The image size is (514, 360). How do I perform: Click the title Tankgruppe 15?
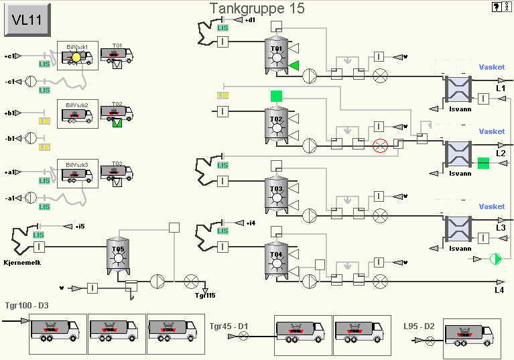pyautogui.click(x=257, y=9)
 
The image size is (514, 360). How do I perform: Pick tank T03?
pyautogui.click(x=276, y=195)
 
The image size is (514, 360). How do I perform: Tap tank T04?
pyautogui.click(x=276, y=260)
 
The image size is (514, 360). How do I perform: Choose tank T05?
pyautogui.click(x=118, y=255)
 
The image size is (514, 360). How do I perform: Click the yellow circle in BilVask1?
pyautogui.click(x=76, y=58)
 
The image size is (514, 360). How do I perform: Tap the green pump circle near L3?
pyautogui.click(x=496, y=258)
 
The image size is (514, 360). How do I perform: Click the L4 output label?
pyautogui.click(x=499, y=290)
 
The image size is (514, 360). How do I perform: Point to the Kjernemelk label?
pyautogui.click(x=22, y=262)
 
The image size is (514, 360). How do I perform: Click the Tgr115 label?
pyautogui.click(x=205, y=296)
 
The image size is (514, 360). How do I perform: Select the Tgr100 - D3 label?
pyautogui.click(x=27, y=306)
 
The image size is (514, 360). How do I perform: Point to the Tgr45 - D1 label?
pyautogui.click(x=229, y=326)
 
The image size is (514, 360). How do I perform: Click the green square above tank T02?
pyautogui.click(x=276, y=96)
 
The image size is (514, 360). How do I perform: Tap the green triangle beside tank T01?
pyautogui.click(x=294, y=66)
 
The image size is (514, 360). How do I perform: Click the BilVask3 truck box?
pyautogui.click(x=78, y=173)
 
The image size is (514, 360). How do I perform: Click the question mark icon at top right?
pyautogui.click(x=496, y=7)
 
